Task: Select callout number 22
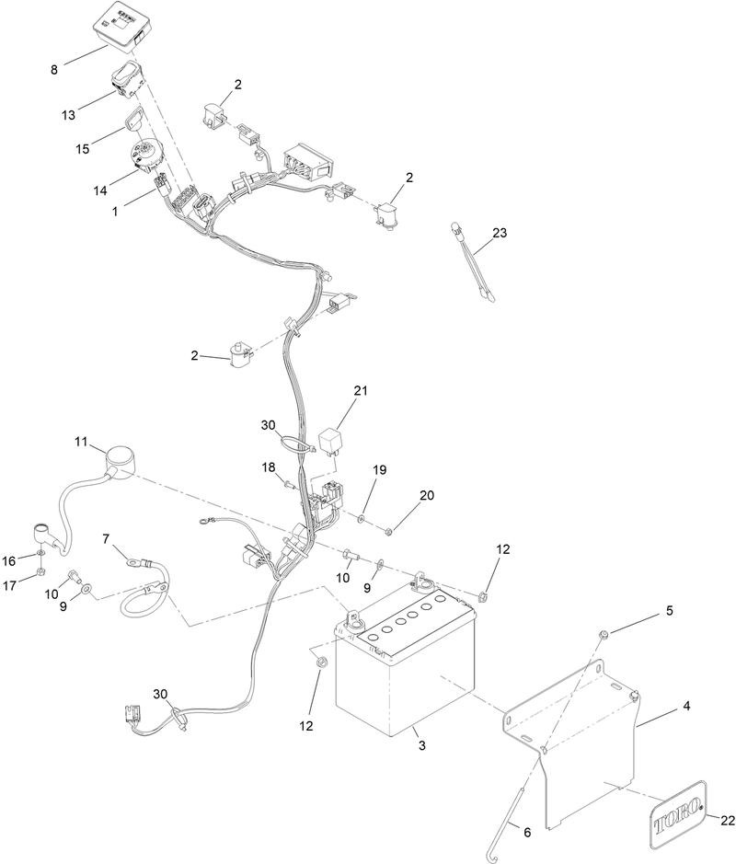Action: (727, 821)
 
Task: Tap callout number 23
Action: (500, 233)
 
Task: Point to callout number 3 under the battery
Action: (422, 745)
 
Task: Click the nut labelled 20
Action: (387, 531)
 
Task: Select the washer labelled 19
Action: (361, 518)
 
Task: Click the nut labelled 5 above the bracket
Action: (604, 634)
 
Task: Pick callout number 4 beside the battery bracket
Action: (686, 706)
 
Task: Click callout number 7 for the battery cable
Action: (107, 538)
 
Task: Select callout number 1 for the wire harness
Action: (115, 211)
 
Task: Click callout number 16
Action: (9, 561)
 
